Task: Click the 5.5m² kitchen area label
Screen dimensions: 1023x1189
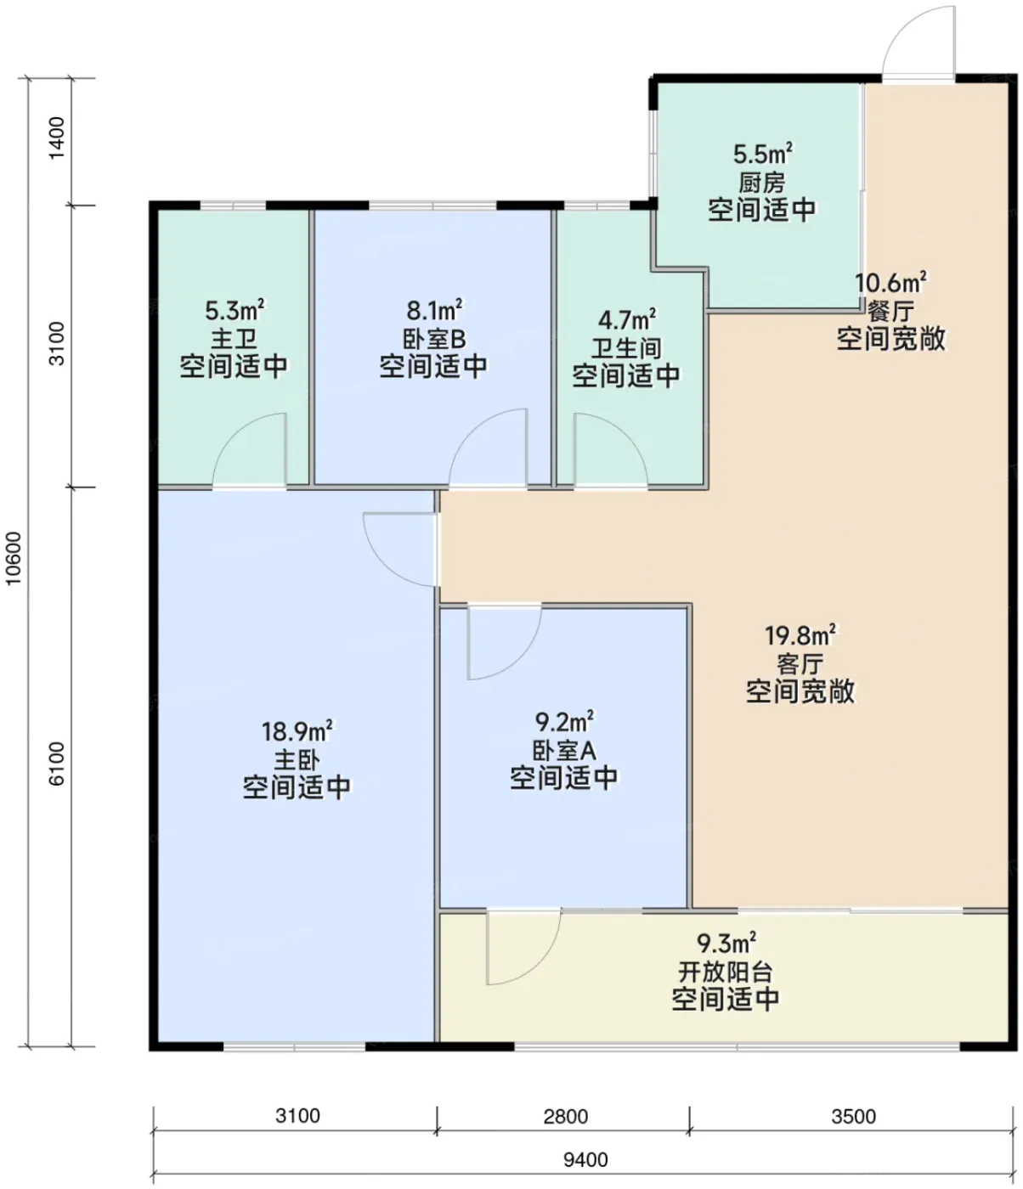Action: tap(762, 154)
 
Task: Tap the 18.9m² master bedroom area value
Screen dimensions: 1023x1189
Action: tap(297, 731)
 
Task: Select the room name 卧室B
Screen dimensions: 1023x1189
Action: tap(434, 340)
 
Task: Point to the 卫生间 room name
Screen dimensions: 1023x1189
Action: tap(626, 348)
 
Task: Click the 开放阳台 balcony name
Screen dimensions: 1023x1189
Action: tap(725, 972)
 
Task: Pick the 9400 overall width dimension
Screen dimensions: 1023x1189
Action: tap(585, 1159)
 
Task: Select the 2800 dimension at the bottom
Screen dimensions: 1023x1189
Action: tap(566, 1117)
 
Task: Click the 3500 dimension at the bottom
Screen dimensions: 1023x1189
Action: tap(853, 1117)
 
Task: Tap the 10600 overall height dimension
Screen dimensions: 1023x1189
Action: tap(13, 559)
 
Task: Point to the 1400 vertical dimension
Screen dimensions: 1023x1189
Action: tap(56, 138)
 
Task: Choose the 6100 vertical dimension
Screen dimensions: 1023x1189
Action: tap(56, 764)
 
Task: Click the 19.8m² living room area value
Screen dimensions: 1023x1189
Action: tap(800, 635)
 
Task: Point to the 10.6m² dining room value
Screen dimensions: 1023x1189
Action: tap(890, 283)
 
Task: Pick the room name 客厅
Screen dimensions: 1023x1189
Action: tap(800, 665)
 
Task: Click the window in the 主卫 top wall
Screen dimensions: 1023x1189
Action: tap(233, 206)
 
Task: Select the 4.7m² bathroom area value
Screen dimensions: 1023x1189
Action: tap(626, 319)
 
